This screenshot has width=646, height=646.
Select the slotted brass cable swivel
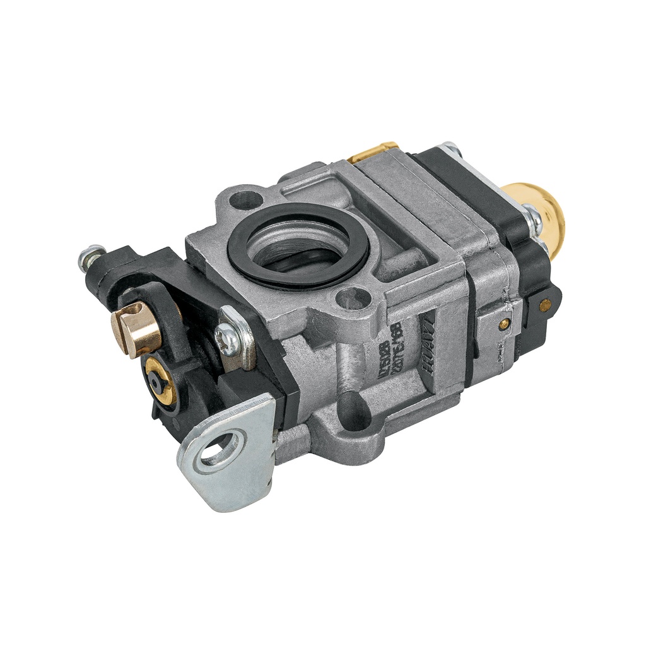[x=136, y=328]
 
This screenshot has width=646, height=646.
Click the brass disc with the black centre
[x=158, y=379]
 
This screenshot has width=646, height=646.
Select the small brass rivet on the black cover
[x=544, y=304]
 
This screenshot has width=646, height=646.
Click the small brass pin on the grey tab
[x=503, y=324]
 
